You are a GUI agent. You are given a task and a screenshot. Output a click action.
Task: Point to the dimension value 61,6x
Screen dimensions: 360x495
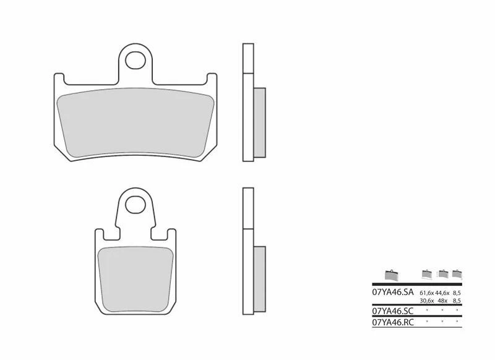point(428,293)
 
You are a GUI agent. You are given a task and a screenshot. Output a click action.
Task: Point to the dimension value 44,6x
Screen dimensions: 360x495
point(443,293)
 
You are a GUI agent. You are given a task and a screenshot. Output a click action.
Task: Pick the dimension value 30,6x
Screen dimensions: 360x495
point(428,301)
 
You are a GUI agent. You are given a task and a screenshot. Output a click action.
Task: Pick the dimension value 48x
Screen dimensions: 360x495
point(443,301)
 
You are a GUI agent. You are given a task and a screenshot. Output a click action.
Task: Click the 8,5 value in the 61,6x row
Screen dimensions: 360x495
point(457,293)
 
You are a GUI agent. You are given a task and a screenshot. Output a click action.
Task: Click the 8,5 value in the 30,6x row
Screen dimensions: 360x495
point(457,301)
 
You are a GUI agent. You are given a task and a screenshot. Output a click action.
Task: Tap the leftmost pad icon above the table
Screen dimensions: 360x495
point(389,274)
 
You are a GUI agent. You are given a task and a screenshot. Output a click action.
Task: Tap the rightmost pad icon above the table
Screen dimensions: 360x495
point(457,273)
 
